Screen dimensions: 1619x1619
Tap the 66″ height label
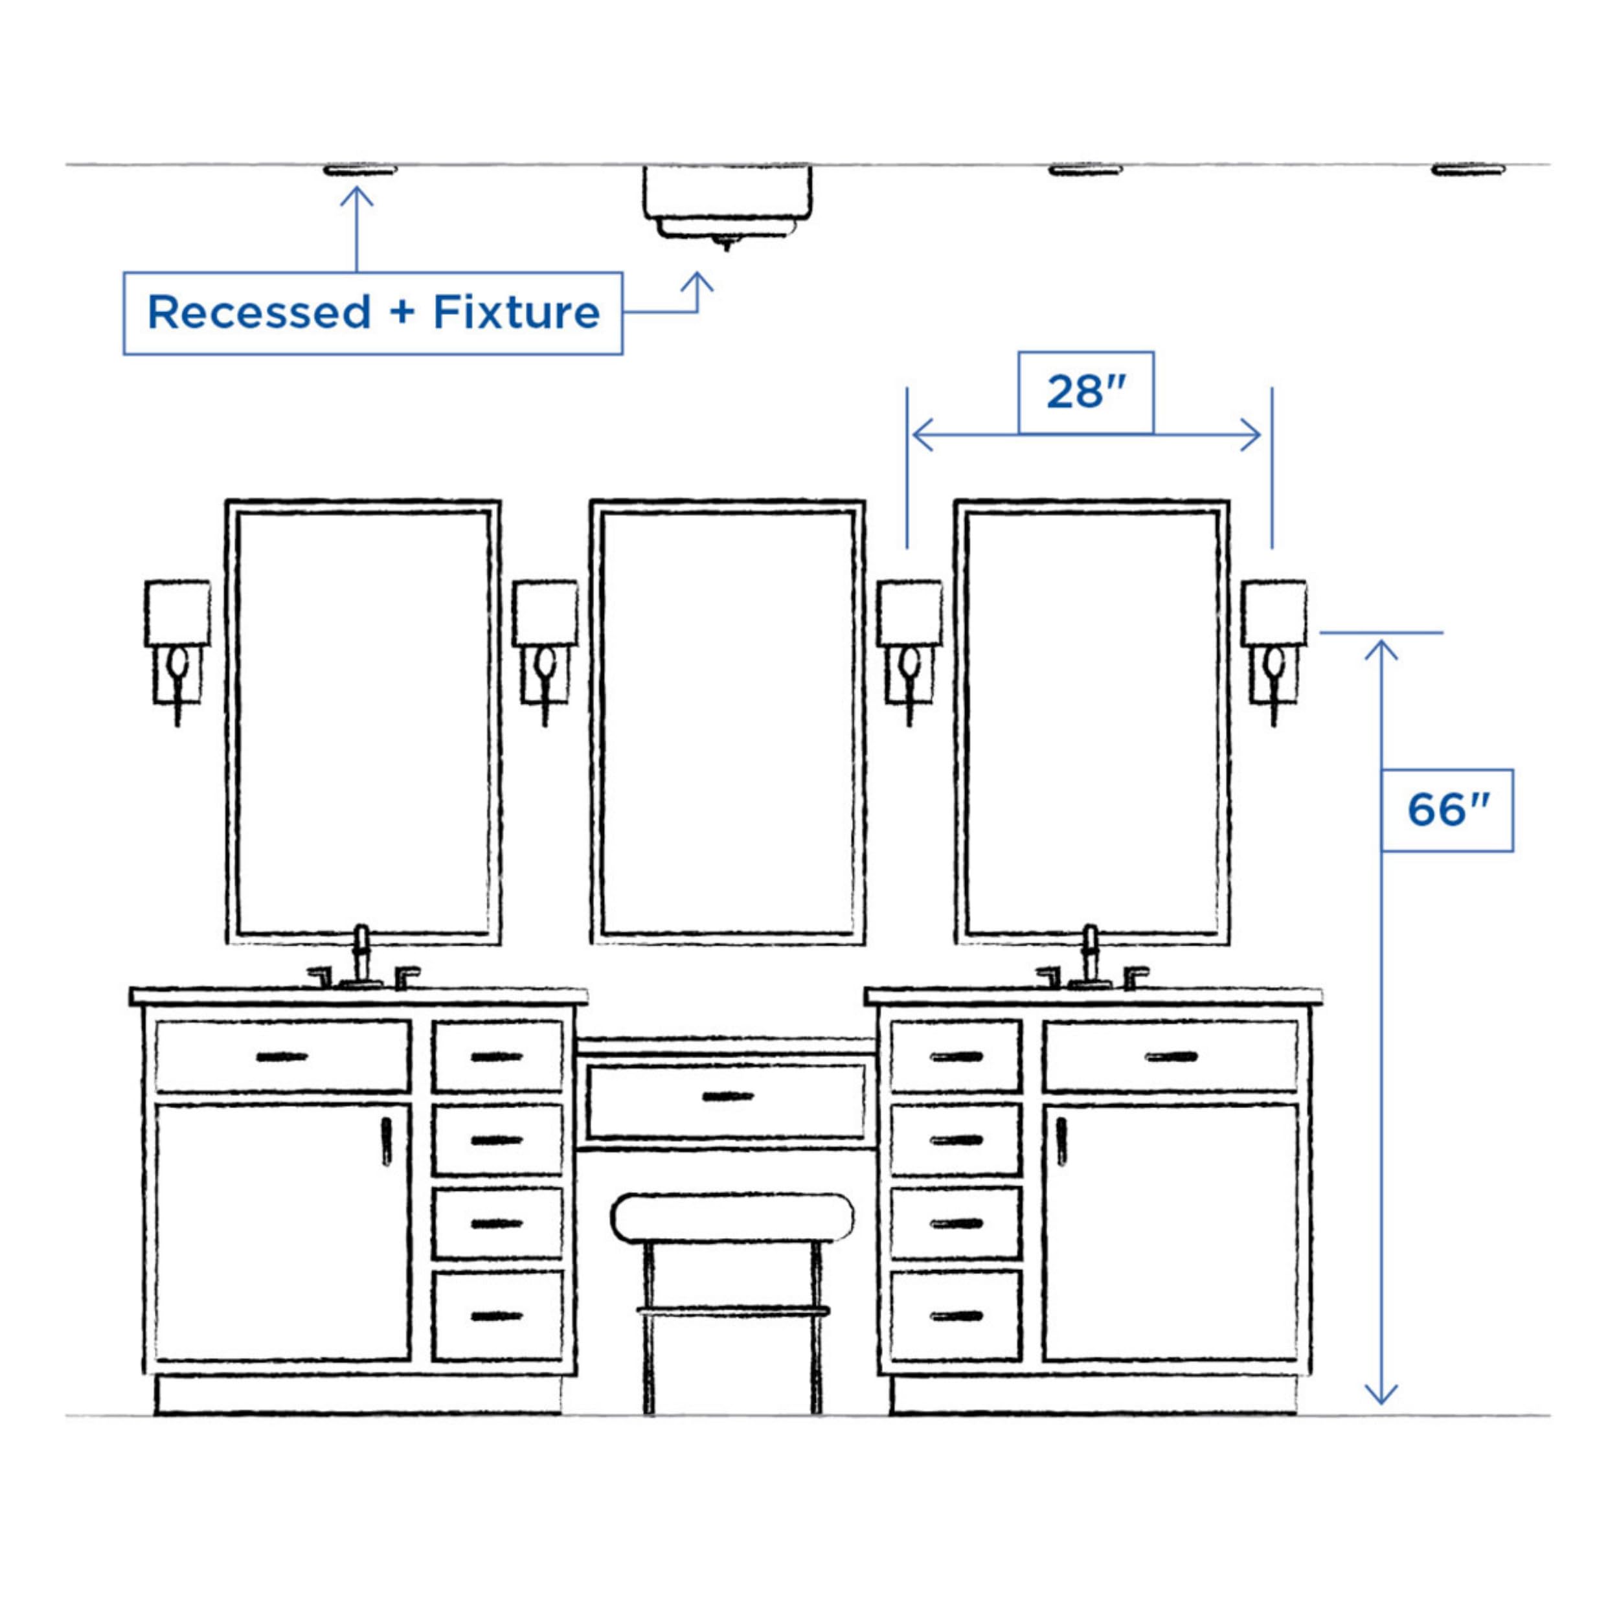point(1447,810)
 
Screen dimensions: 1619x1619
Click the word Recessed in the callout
point(259,313)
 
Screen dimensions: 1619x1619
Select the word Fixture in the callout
point(516,313)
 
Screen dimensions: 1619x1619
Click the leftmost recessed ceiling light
point(359,170)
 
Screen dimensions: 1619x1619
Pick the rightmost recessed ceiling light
point(1468,170)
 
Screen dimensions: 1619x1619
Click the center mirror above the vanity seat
point(727,722)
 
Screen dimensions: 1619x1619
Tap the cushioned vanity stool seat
point(732,1217)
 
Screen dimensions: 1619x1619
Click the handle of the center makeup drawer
point(727,1096)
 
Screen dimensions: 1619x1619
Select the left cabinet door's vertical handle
point(387,1140)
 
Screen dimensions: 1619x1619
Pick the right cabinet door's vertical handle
point(1061,1140)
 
